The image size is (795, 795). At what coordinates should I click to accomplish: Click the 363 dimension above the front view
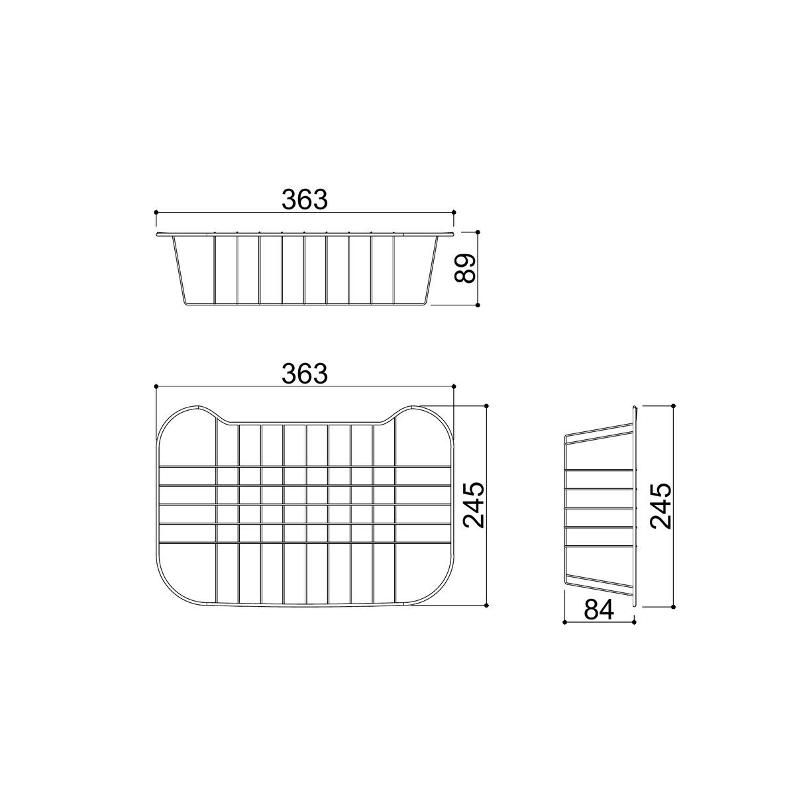[305, 199]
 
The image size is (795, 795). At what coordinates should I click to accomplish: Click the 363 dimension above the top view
[305, 374]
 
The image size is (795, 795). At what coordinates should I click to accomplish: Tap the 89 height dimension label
[465, 268]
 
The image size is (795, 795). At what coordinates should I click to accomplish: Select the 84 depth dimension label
[599, 609]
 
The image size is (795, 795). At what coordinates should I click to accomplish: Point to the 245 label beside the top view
[473, 505]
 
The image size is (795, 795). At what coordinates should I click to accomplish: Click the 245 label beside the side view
[661, 505]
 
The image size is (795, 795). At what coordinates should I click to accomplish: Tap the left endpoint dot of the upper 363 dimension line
[156, 212]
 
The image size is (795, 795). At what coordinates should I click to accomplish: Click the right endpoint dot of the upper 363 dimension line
[454, 212]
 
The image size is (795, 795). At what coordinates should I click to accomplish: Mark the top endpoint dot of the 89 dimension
[478, 232]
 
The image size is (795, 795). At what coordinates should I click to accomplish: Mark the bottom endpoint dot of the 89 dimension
[478, 305]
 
